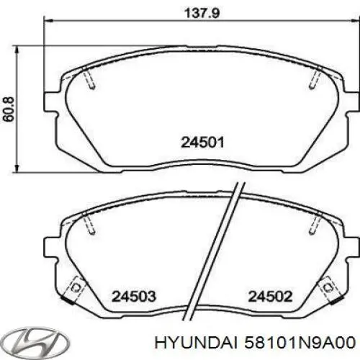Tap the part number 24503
(x=134, y=295)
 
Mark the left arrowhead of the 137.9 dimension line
(x=50, y=22)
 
